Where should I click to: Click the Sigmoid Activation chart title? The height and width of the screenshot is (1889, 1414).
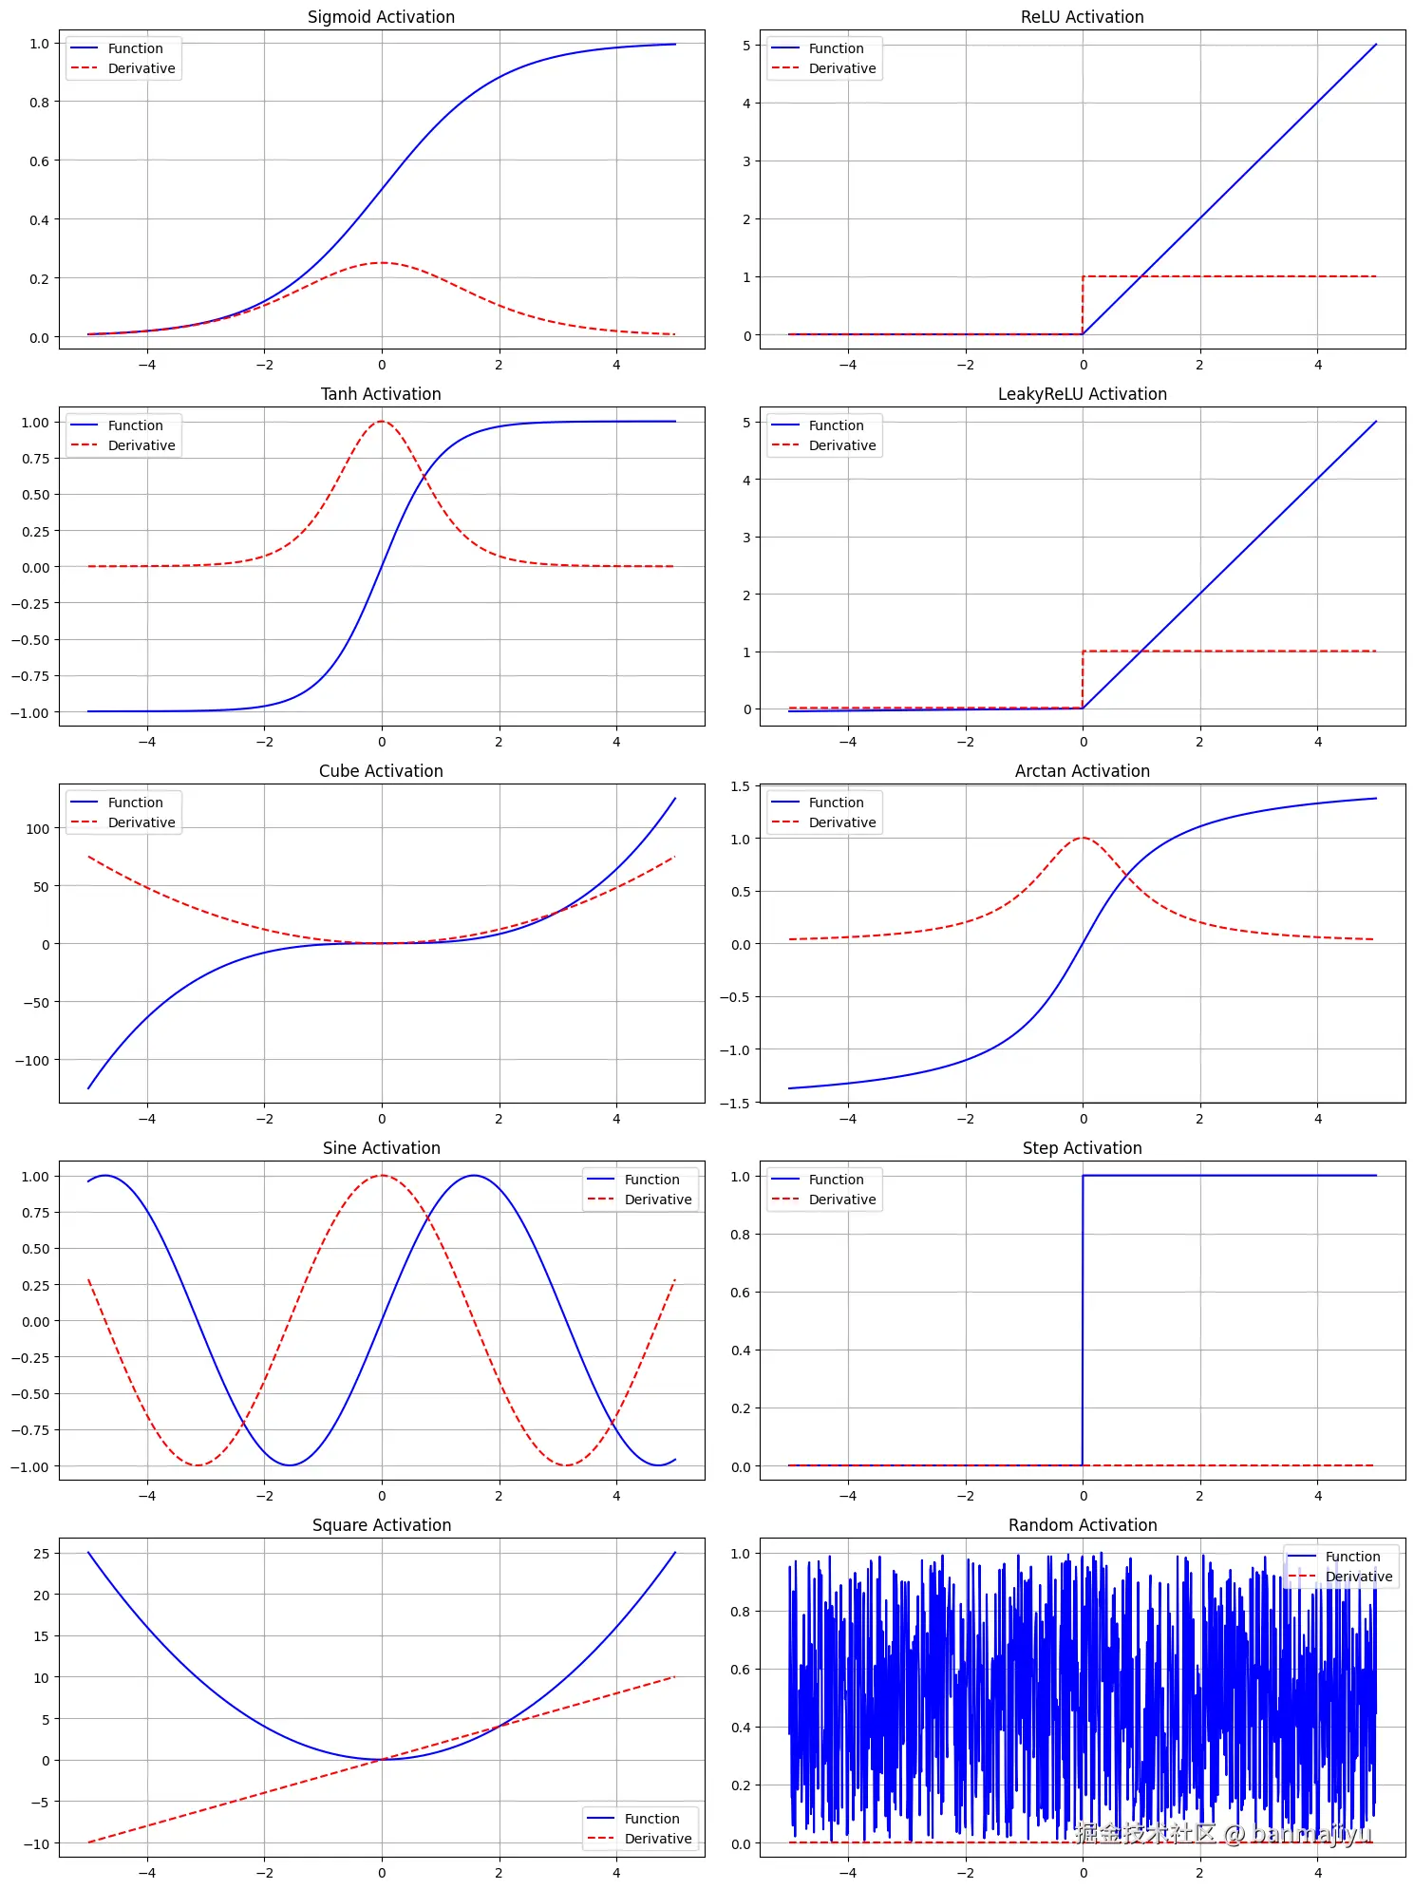point(381,17)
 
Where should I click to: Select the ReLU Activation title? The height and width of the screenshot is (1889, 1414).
point(1082,17)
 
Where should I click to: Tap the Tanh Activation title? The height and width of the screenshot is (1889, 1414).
point(381,394)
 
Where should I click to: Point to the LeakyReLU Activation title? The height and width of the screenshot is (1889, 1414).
point(1082,394)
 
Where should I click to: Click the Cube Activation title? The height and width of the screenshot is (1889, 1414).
point(381,771)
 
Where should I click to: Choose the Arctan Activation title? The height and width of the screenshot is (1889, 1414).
point(1082,771)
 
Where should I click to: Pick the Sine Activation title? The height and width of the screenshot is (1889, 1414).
point(381,1148)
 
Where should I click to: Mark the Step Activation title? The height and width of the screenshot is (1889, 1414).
point(1082,1148)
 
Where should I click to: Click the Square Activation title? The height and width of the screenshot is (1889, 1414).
point(381,1525)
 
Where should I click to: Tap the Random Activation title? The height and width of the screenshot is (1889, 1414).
point(1082,1525)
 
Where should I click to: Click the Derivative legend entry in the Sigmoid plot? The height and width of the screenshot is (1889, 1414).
point(141,68)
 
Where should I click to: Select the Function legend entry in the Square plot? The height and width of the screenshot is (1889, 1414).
point(651,1819)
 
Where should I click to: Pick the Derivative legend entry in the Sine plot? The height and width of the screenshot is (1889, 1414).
point(658,1200)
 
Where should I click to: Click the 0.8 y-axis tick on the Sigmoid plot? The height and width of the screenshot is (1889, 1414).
point(39,103)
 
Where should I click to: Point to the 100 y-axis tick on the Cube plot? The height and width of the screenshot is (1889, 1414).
point(37,829)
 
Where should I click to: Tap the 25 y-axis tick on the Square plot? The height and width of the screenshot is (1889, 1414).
point(41,1554)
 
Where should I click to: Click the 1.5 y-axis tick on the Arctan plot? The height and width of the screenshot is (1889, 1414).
point(740,786)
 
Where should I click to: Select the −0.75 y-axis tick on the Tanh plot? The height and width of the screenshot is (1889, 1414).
point(30,676)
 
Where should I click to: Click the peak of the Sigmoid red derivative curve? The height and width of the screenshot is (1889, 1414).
point(382,263)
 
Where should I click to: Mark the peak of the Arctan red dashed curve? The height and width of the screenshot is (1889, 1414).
point(1083,838)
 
